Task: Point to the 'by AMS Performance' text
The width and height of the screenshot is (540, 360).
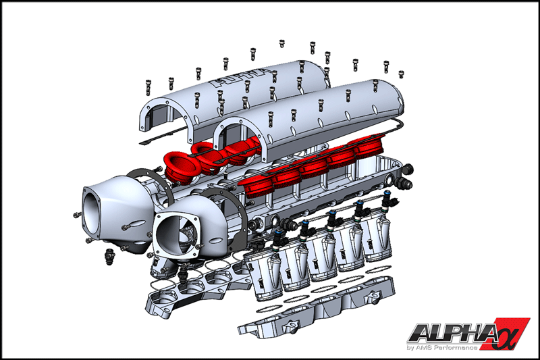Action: click(x=442, y=347)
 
